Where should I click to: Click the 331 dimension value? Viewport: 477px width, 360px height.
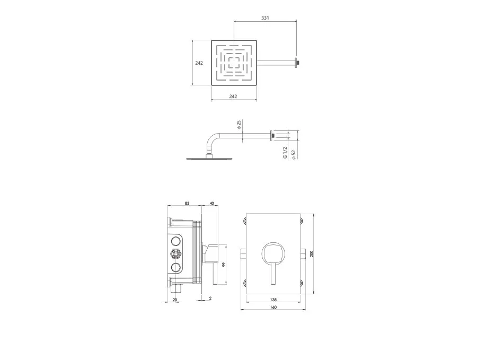(265, 18)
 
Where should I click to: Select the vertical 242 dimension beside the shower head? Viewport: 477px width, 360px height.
(199, 63)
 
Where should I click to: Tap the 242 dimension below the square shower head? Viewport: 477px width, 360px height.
(233, 96)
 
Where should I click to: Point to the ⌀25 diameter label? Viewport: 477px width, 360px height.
(239, 125)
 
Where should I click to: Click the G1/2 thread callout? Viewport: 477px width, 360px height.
(285, 153)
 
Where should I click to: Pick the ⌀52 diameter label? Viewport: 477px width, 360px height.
(294, 154)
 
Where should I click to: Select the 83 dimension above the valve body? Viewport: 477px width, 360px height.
(187, 203)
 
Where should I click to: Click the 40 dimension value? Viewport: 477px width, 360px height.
(212, 203)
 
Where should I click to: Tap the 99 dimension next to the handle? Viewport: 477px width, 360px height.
(224, 265)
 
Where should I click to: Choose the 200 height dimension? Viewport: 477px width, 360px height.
(312, 254)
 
